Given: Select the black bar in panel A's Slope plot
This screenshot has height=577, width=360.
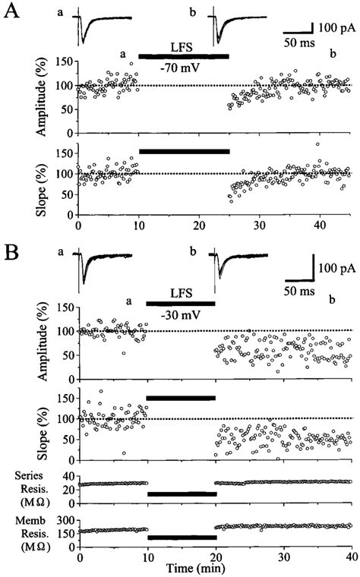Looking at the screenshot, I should (x=184, y=152).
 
